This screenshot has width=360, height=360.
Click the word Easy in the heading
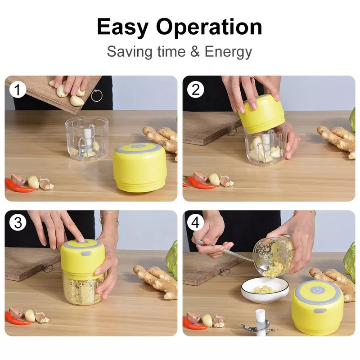(x=122, y=27)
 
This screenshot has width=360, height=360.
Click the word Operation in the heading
(x=209, y=27)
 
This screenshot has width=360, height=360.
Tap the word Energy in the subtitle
(x=228, y=52)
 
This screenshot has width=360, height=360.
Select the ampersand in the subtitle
(x=195, y=51)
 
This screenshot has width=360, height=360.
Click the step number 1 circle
(x=18, y=90)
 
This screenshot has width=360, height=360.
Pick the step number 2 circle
(x=195, y=90)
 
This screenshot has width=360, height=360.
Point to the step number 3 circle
(x=18, y=222)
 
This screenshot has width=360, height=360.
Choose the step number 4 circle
(x=195, y=222)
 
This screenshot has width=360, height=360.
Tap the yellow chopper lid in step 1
(x=139, y=167)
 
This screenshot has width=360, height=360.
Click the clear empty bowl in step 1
(x=86, y=139)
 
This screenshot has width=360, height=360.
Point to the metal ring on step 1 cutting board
(x=97, y=95)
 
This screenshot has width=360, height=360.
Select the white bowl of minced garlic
(x=265, y=290)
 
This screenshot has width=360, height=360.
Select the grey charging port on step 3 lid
(x=85, y=254)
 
